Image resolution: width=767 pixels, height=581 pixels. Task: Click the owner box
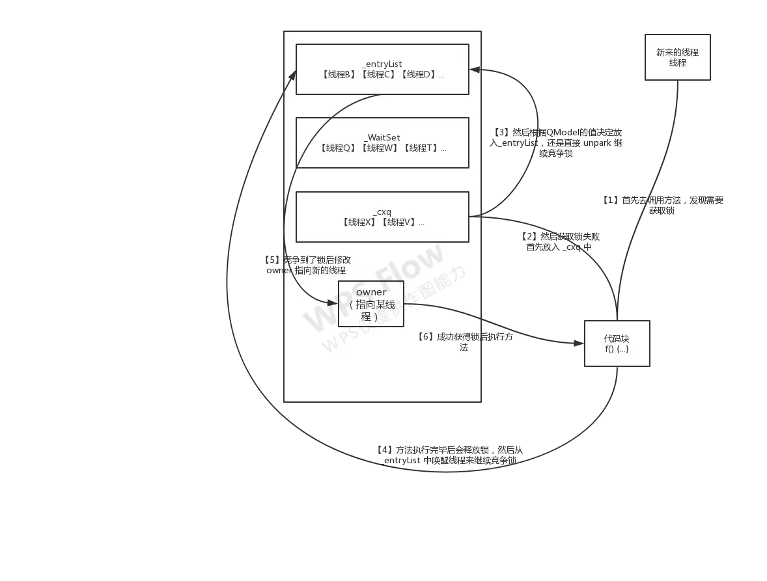point(370,304)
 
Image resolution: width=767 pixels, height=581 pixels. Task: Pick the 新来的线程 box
point(677,57)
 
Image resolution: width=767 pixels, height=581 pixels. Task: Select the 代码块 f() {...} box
point(617,344)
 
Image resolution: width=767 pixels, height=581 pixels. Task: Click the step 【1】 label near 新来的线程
point(663,204)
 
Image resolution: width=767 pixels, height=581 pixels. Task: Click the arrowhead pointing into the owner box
point(334,301)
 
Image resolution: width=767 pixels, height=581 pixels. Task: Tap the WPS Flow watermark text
point(374,286)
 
